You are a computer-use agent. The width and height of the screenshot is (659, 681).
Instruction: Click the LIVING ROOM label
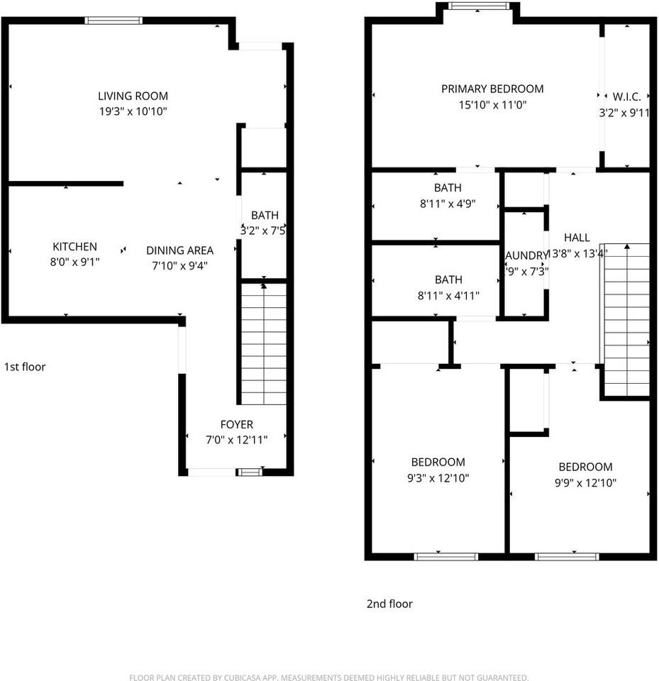(x=133, y=96)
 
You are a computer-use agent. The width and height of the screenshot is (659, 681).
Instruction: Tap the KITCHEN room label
(x=74, y=247)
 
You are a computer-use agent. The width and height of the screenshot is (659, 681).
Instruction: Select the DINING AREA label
(x=179, y=250)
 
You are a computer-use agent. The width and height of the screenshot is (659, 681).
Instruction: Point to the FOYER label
(x=236, y=425)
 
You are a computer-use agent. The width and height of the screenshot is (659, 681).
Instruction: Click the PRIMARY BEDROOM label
(x=492, y=89)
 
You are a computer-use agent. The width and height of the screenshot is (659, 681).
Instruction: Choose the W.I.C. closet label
(x=626, y=96)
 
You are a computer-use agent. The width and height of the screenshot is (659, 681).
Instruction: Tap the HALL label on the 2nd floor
(x=576, y=238)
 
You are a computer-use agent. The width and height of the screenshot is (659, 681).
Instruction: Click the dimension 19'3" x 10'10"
(x=133, y=111)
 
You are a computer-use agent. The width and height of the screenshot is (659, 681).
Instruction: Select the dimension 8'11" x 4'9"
(x=447, y=203)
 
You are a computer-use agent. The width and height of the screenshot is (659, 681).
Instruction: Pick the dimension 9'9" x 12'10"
(x=585, y=482)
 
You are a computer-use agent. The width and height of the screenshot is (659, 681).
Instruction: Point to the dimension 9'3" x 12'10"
(x=438, y=477)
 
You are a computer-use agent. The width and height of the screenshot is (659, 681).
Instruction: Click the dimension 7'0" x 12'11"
(x=236, y=440)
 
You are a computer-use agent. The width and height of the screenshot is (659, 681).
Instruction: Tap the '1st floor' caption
(x=25, y=367)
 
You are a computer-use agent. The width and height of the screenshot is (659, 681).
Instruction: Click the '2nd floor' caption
(x=389, y=604)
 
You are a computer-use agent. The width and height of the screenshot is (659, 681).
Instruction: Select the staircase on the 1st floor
(x=264, y=344)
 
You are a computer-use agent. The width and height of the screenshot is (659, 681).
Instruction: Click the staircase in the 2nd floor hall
(x=626, y=319)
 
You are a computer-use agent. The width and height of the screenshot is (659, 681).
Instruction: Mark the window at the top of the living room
(x=113, y=21)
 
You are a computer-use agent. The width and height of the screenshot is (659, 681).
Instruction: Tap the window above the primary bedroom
(x=479, y=6)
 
